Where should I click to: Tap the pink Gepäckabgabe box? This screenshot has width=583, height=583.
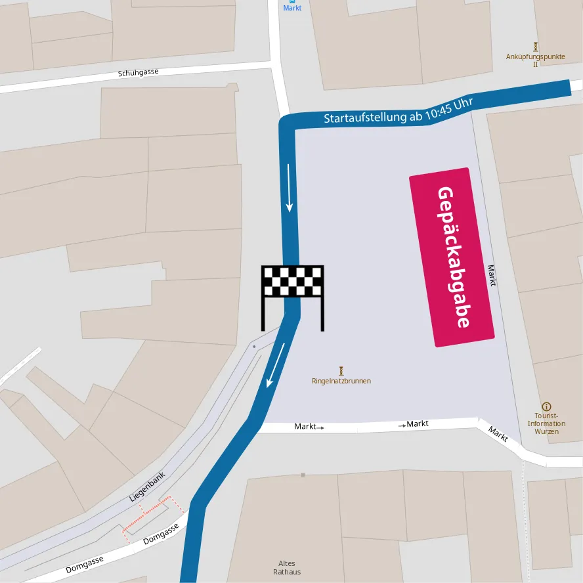point(452,257)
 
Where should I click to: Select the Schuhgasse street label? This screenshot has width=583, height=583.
point(139,73)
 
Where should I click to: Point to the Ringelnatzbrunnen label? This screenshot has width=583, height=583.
point(341,381)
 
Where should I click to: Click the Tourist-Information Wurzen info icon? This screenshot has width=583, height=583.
point(546,406)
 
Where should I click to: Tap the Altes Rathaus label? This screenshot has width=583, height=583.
point(287,568)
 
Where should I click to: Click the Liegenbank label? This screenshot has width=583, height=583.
point(146,487)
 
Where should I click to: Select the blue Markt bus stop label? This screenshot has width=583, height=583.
point(292,7)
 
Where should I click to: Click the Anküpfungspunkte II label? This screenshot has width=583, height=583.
point(536,60)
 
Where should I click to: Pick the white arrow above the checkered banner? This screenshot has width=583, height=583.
point(289,188)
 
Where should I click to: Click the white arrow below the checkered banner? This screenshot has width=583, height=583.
point(276,365)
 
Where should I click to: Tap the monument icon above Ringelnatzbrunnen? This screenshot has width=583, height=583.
point(341,371)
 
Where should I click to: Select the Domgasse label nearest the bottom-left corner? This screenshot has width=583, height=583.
point(84,565)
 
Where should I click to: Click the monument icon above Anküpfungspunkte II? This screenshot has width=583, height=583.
point(536,47)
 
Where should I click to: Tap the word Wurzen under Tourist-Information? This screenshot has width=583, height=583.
point(546,431)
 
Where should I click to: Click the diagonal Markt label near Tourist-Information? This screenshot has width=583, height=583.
point(498,434)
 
